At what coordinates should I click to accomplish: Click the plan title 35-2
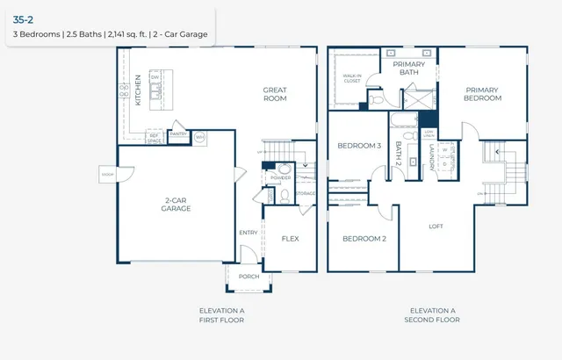point(23,18)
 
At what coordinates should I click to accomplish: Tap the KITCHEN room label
point(138,90)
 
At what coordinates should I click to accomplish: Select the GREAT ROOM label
point(275,94)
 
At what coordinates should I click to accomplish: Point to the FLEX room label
point(291,238)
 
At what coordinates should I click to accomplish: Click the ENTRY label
point(249,233)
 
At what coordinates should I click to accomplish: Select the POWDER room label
point(281,178)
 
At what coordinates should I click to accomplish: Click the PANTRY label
point(178,134)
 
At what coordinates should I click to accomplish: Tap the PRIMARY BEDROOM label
point(483,93)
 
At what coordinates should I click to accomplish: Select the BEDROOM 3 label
point(359,146)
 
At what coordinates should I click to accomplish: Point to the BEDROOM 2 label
point(364,238)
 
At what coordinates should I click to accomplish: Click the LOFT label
point(436,226)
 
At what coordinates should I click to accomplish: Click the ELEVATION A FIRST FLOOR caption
point(223,315)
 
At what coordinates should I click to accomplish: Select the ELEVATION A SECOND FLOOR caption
point(433,315)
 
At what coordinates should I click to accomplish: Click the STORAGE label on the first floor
point(305,193)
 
